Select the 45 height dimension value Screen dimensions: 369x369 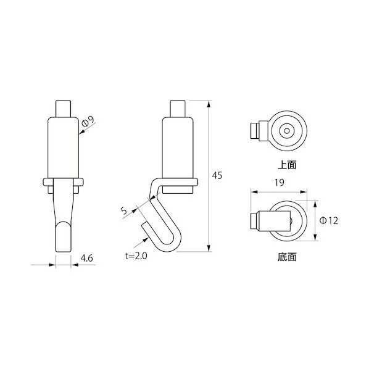(217, 176)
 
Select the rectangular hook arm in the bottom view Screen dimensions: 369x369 (267, 221)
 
